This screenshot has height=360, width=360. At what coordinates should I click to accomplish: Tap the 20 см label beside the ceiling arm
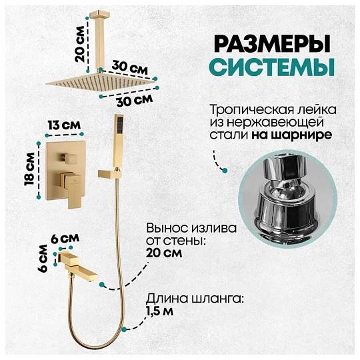click(x=81, y=44)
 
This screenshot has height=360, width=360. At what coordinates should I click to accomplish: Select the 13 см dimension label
click(x=65, y=125)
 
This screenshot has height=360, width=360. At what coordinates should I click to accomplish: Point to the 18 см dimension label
click(x=30, y=169)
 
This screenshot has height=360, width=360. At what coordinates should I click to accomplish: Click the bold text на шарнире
click(x=291, y=135)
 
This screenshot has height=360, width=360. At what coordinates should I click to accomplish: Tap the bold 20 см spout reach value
click(x=164, y=253)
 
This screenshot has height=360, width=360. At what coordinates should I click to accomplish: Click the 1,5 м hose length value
click(x=160, y=311)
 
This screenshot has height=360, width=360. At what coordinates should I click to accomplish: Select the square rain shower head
click(x=100, y=81)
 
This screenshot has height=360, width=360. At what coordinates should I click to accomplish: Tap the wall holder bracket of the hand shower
click(x=110, y=174)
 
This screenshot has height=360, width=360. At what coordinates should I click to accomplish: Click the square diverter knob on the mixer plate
click(x=69, y=159)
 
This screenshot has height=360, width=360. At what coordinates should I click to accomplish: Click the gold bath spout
click(x=78, y=265)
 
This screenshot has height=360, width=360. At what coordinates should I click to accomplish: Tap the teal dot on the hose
click(x=124, y=329)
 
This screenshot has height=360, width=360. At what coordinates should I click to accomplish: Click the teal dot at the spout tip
click(x=102, y=285)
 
